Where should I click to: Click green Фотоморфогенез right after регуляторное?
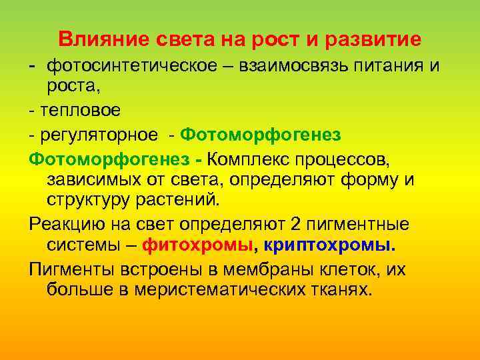point(261,135)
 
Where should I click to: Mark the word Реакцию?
point(66,225)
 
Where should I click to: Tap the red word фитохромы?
point(199,245)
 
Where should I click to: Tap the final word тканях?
point(341,290)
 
